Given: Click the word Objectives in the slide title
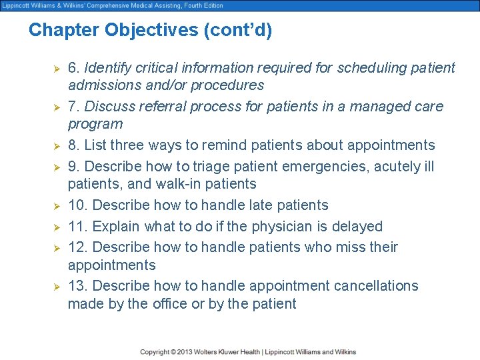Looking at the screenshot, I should click(143, 31).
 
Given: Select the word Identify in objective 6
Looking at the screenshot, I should click(108, 67).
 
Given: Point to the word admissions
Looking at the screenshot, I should click(102, 85).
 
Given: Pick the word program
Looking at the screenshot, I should click(95, 124).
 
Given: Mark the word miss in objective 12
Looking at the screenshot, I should click(345, 247).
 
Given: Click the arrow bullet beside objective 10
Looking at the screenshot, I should click(57, 205).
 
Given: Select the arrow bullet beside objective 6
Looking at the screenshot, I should click(57, 68).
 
